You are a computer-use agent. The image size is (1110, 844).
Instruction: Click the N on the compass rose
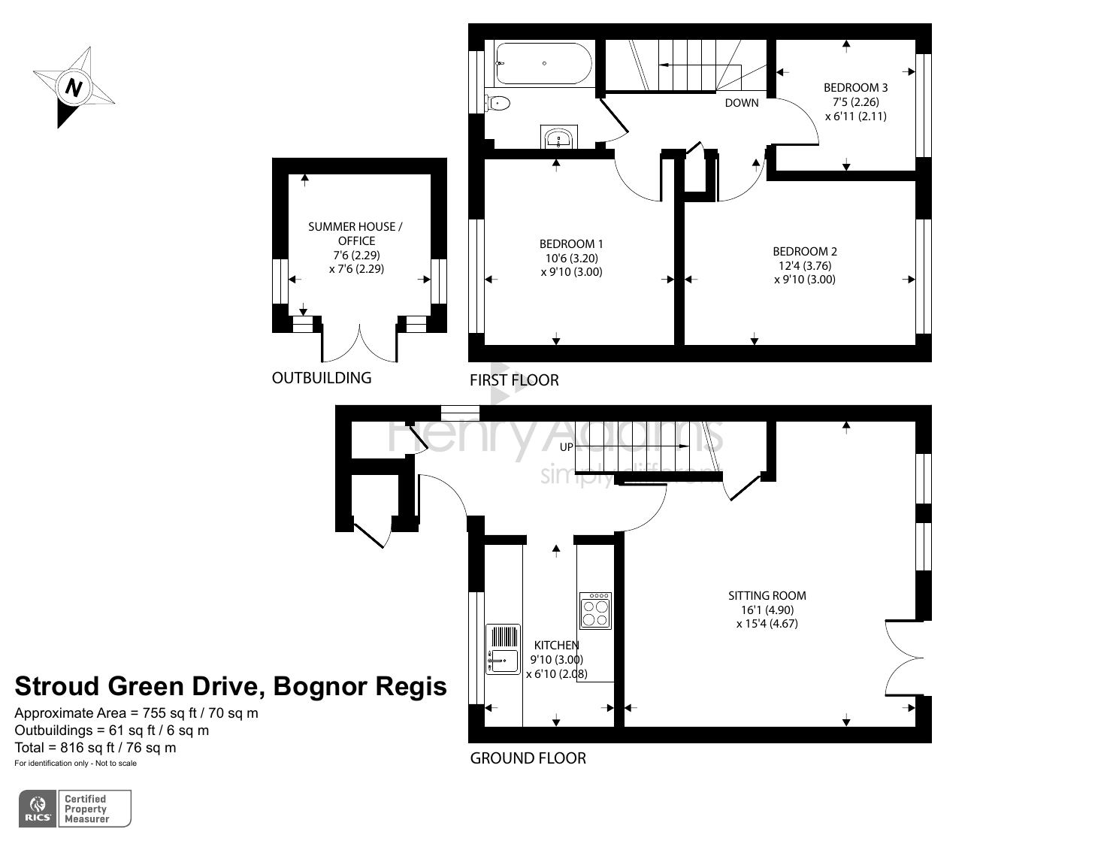click(73, 87)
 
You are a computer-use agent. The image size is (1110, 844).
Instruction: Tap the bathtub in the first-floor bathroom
click(543, 64)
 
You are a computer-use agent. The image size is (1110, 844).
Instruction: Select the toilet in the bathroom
click(498, 103)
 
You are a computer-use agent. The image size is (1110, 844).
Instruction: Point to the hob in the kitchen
click(595, 611)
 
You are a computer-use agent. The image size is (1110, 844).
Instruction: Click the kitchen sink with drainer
click(503, 649)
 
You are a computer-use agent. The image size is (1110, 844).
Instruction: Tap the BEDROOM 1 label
click(571, 244)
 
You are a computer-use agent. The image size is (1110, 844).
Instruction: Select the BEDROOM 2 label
click(804, 252)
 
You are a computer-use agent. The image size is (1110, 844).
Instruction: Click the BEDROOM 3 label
click(855, 88)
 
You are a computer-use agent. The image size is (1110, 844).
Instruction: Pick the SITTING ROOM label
click(767, 595)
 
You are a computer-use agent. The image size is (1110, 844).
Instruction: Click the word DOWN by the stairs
click(741, 103)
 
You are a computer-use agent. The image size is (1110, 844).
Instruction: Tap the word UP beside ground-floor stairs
click(567, 447)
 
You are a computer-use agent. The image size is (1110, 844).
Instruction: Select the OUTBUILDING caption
click(322, 378)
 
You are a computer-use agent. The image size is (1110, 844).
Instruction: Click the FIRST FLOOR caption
click(514, 380)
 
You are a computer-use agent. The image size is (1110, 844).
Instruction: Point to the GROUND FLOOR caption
click(528, 758)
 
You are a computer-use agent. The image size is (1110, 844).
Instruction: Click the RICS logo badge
click(37, 809)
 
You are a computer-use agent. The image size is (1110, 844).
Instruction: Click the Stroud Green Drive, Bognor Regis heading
click(231, 686)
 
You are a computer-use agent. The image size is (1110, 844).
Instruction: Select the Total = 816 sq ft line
click(95, 748)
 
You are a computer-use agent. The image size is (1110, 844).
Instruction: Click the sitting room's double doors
click(902, 658)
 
